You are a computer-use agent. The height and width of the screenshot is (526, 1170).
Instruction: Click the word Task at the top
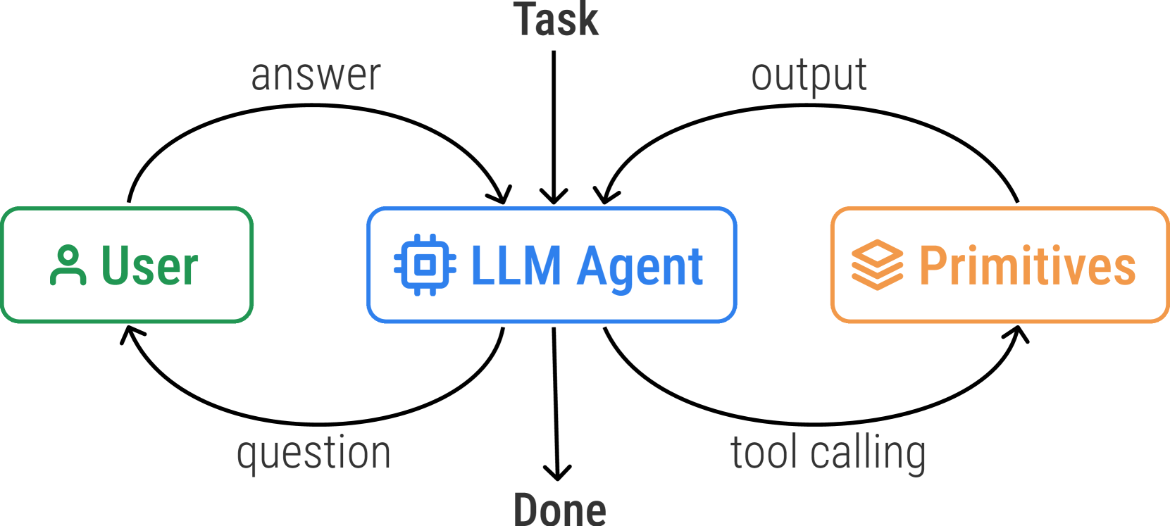pyautogui.click(x=556, y=20)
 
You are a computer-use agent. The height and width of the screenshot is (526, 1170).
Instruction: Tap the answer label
pyautogui.click(x=316, y=75)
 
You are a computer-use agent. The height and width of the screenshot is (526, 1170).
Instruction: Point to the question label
pyautogui.click(x=313, y=453)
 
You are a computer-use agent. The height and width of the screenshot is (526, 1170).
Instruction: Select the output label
pyautogui.click(x=809, y=75)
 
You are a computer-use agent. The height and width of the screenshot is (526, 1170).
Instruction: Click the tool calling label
pyautogui.click(x=828, y=453)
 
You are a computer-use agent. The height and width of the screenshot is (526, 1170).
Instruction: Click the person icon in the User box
pyautogui.click(x=68, y=265)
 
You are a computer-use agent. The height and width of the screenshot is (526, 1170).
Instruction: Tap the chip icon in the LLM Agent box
pyautogui.click(x=425, y=265)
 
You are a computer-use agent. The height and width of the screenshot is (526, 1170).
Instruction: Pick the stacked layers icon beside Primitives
pyautogui.click(x=877, y=265)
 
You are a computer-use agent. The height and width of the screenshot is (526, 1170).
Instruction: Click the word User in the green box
pyautogui.click(x=150, y=265)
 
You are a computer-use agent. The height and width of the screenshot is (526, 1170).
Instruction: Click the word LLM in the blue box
pyautogui.click(x=516, y=265)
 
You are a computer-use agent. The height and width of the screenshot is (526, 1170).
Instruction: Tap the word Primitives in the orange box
pyautogui.click(x=1027, y=265)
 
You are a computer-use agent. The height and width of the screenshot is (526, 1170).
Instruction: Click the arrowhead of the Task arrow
pyautogui.click(x=554, y=198)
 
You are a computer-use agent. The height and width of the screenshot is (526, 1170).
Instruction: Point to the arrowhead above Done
pyautogui.click(x=557, y=474)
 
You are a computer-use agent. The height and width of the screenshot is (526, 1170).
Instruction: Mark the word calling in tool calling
pyautogui.click(x=868, y=453)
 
